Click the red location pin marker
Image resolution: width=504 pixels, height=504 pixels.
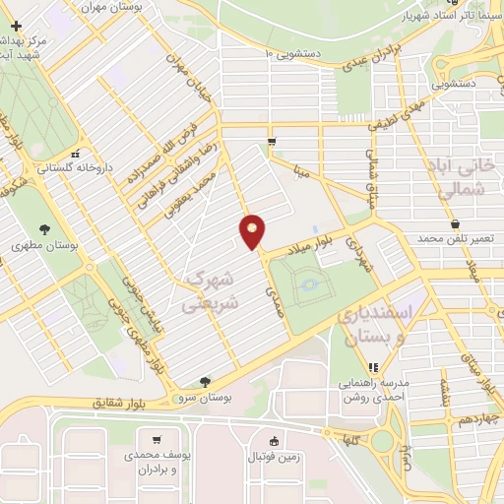(x=253, y=231)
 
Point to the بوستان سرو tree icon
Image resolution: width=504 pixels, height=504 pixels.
(x=205, y=381)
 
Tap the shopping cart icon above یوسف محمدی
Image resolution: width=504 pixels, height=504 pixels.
(x=156, y=439)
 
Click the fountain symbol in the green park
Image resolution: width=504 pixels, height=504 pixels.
(x=310, y=284)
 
